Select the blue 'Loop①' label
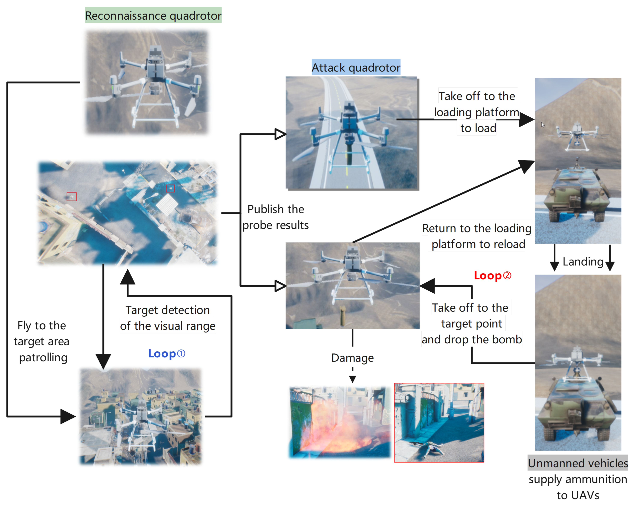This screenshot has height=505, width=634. [x=166, y=354]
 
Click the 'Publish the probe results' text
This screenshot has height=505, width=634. [x=276, y=217]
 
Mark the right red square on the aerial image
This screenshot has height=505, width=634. [x=170, y=188]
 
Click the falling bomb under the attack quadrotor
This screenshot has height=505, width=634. [x=342, y=316]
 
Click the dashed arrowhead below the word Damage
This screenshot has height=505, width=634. [x=352, y=379]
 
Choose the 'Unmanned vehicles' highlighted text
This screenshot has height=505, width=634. [x=577, y=463]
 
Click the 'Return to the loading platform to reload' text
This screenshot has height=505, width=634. [x=477, y=236]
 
